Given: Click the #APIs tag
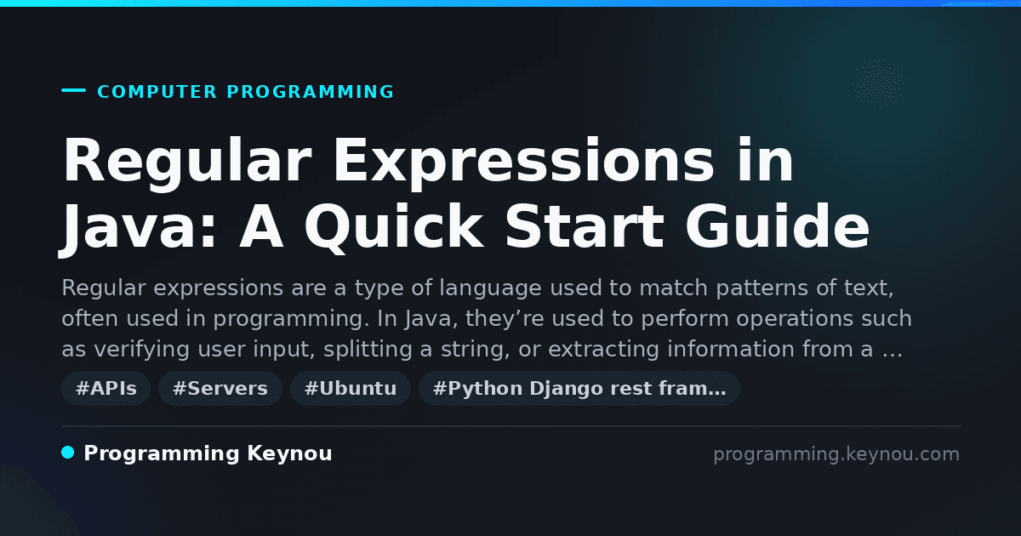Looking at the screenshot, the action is click(x=106, y=388).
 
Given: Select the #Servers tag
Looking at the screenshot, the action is click(x=220, y=388).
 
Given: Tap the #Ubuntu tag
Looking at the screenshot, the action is click(x=351, y=388).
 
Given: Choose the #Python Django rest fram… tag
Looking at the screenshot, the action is click(x=579, y=388).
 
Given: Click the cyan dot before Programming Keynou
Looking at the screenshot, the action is click(x=68, y=453).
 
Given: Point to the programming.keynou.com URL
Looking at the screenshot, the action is click(x=836, y=454).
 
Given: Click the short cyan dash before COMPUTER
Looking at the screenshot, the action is click(x=73, y=90).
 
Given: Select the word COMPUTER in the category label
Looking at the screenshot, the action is click(x=157, y=92).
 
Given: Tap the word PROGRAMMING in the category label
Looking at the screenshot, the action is click(x=311, y=92).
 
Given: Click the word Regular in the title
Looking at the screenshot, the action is click(x=187, y=162).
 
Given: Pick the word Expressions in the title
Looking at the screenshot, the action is click(x=524, y=162).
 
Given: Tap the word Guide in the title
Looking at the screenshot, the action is click(x=777, y=226).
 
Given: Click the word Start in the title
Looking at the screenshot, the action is click(x=585, y=226).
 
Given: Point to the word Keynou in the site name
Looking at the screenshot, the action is click(x=289, y=453).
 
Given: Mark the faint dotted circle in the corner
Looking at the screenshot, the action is click(x=879, y=84).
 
